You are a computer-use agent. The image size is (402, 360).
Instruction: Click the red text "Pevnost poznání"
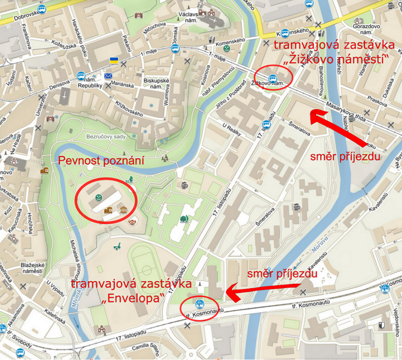(101, 161)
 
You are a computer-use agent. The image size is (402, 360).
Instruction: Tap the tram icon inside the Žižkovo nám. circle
(273, 78)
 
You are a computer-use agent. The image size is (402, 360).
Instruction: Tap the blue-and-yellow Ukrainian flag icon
(113, 61)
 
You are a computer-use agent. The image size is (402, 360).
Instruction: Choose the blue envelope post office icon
(108, 76)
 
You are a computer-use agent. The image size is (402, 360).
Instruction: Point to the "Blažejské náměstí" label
(31, 268)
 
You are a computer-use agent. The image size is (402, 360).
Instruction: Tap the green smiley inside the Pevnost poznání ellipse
(98, 197)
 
